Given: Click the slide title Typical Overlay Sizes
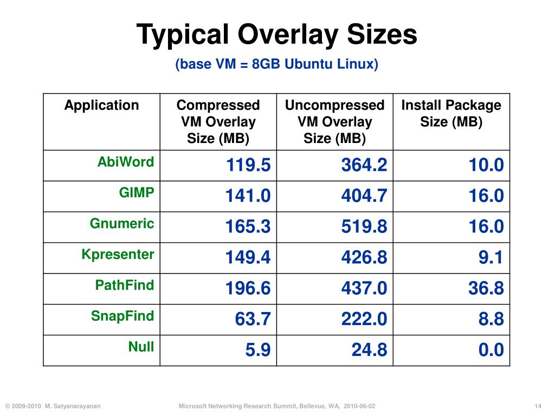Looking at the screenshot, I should coord(277,35).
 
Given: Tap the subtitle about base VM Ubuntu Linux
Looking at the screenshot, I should coord(276,64).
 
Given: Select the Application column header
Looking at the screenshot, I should coord(102,105).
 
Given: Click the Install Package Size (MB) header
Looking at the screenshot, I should coord(451,113).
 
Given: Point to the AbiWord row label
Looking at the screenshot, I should coord(126,161).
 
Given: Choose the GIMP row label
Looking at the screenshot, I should coord(137,192).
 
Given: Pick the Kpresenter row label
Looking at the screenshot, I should coord(118,254).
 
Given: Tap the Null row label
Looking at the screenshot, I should coord(141,347).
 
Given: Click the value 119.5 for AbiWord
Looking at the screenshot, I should coord(248,165).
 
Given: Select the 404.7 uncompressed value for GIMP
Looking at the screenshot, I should coord(364,196).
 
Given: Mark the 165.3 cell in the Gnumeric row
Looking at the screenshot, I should coord(248,227).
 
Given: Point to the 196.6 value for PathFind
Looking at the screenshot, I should coord(248,289).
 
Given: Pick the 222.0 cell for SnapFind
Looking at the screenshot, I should coord(364,320).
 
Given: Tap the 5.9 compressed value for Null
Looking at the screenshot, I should coord(258,350).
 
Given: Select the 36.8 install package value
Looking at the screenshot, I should coord(486,289).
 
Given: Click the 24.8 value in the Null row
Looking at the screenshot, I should coord(370,350).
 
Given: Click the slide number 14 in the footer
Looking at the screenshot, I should coord(538,406).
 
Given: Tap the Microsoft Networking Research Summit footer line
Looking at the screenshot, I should coord(277,406).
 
